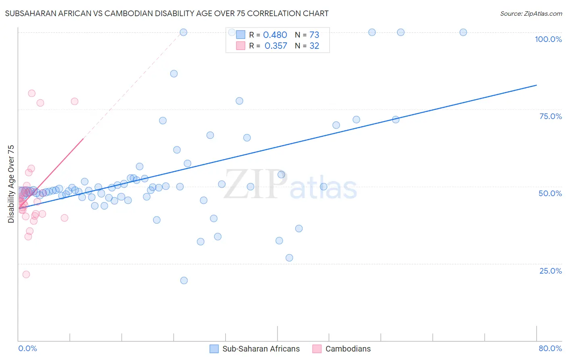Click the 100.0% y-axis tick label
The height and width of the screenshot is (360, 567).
[548, 39]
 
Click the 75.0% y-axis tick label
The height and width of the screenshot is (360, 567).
[550, 116]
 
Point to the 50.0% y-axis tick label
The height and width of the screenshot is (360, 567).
[550, 193]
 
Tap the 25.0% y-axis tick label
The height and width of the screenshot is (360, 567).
[550, 271]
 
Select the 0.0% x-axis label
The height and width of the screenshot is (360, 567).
[27, 348]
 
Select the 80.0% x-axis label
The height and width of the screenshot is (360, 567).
[550, 348]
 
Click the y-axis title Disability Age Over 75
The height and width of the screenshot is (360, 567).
[11, 184]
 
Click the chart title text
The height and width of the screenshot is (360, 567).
[167, 13]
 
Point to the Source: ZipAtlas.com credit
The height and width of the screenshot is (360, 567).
[531, 13]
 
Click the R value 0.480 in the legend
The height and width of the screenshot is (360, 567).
[275, 35]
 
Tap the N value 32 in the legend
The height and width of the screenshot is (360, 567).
[314, 46]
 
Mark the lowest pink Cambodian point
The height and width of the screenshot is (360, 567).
[26, 274]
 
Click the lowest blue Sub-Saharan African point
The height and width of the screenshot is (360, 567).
[184, 280]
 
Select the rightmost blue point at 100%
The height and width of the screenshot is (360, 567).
[463, 32]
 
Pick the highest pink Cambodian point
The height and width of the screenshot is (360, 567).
[31, 93]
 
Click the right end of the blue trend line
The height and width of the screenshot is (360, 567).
[536, 85]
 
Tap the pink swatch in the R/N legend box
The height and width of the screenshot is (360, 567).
[241, 46]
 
